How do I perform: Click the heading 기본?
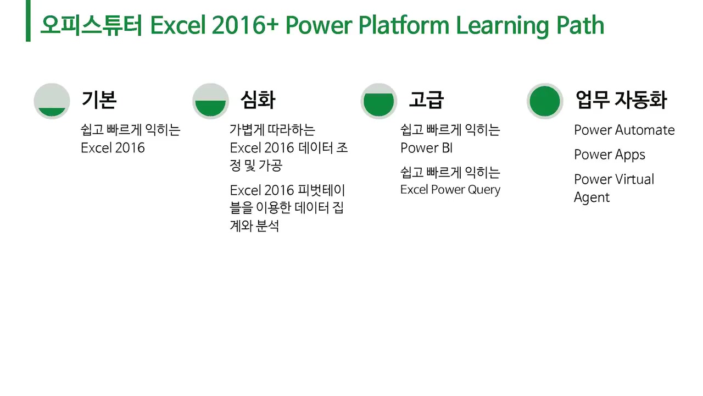click(x=99, y=100)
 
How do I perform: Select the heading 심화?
click(x=258, y=100)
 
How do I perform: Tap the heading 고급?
click(x=426, y=100)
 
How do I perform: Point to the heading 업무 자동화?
click(x=621, y=100)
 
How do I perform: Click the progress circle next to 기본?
click(x=52, y=101)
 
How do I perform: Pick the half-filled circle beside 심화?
click(x=210, y=101)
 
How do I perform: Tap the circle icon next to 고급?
click(x=379, y=101)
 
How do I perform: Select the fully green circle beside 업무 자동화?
click(x=545, y=101)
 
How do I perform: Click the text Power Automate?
click(x=624, y=130)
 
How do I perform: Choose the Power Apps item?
click(x=610, y=155)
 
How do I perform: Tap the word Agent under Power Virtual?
click(x=592, y=197)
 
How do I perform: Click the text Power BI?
click(x=426, y=148)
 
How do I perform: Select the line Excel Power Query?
click(x=450, y=190)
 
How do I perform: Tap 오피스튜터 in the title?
click(x=91, y=25)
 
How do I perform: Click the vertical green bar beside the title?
click(x=28, y=21)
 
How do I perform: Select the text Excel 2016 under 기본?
click(x=113, y=148)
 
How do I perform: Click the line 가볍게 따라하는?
click(x=272, y=130)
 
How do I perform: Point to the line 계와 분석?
click(x=254, y=226)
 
